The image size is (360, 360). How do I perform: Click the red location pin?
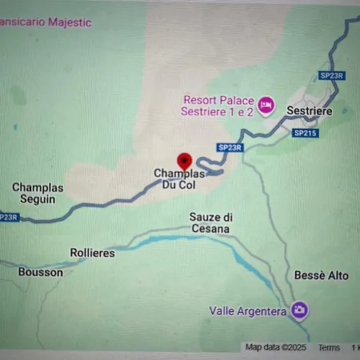click(x=184, y=160)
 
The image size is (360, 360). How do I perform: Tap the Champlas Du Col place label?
click(x=179, y=178)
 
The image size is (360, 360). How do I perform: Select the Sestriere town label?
click(x=309, y=110)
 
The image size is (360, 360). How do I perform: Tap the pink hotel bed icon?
click(x=266, y=104)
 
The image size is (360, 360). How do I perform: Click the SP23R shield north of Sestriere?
click(x=331, y=75)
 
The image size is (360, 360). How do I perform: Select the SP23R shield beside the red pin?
click(x=230, y=147)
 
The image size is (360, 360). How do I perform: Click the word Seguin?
click(x=37, y=199)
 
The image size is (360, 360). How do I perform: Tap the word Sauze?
click(x=205, y=217)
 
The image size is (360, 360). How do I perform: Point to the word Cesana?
click(x=211, y=229)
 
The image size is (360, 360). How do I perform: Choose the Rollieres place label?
click(x=92, y=253)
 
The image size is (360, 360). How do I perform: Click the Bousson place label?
click(x=41, y=272)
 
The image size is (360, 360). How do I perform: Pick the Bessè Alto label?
click(x=321, y=275)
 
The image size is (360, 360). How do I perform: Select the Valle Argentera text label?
click(x=247, y=310)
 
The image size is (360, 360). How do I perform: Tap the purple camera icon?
click(x=299, y=310)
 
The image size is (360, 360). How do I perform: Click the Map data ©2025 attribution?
click(x=276, y=347)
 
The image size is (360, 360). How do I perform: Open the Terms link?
click(x=329, y=347)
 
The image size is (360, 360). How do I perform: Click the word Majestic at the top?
click(x=69, y=22)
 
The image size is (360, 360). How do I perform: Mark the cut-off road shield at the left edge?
click(x=7, y=217)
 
